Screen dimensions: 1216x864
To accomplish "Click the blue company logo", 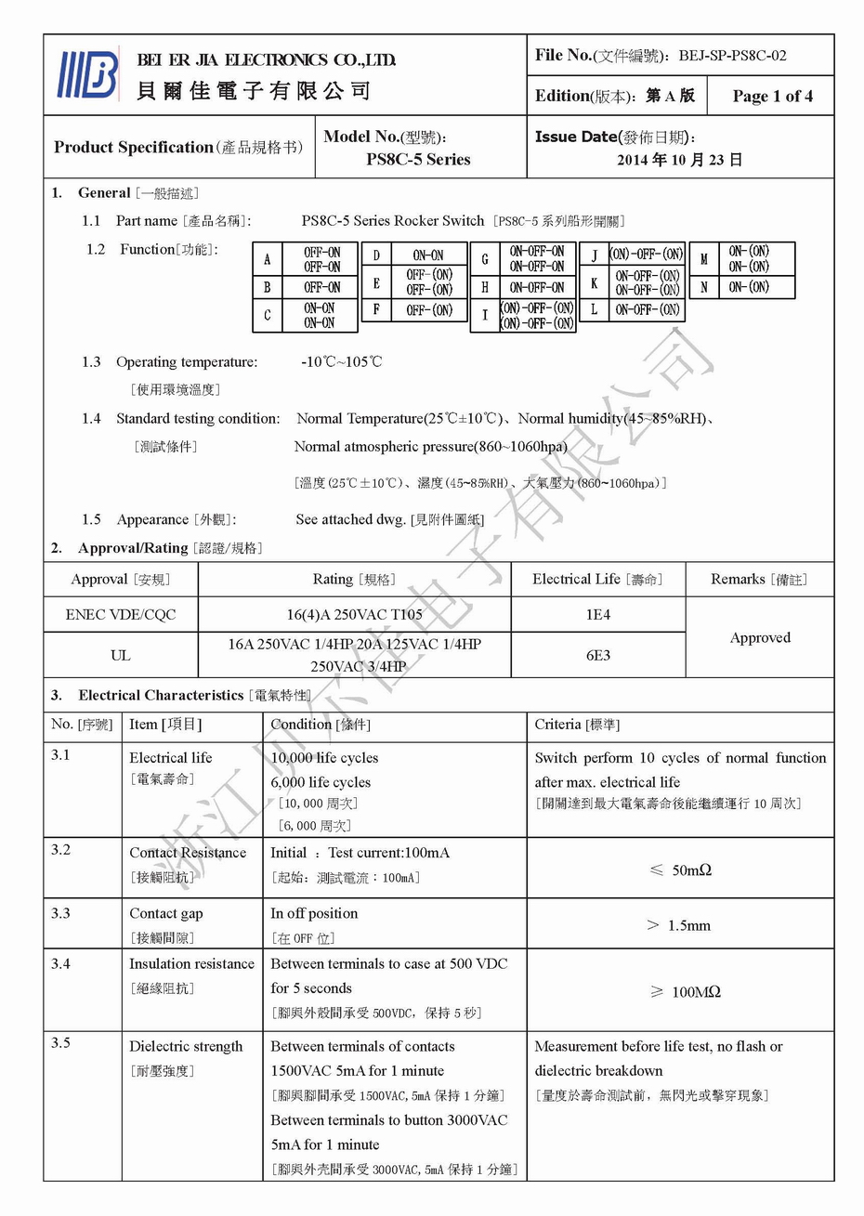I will pos(88,74).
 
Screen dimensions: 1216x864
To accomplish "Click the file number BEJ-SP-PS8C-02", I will pos(732,56).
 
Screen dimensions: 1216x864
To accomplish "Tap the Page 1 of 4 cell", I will pos(772,96).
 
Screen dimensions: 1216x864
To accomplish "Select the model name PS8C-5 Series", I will pos(418,160).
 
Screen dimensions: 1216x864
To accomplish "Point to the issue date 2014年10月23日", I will pos(680,160).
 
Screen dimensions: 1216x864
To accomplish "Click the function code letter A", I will pos(268,259).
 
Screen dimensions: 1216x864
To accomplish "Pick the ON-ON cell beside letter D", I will pos(427,255).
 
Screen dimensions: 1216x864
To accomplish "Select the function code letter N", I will pos(704,288).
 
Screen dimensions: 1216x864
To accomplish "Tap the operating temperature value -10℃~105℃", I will pos(341,361).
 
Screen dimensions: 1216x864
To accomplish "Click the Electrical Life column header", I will pos(597,580).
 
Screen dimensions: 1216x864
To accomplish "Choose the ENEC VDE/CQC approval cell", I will pos(121,615).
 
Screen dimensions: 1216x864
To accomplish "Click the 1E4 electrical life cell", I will pos(597,615).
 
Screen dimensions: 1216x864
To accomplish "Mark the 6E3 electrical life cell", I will pos(597,656).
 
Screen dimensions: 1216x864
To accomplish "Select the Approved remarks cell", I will pos(760,637).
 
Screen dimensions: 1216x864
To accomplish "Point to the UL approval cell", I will pos(121,656).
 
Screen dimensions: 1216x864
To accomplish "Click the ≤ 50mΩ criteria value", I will pos(680,870).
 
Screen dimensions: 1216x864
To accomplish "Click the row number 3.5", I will pos(60,1043).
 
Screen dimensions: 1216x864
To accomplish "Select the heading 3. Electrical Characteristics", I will pos(160,696).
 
